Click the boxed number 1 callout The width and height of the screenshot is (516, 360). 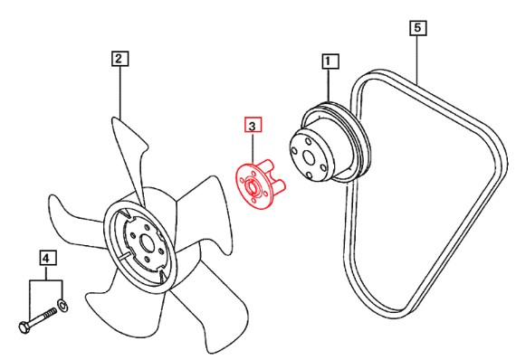tap(330, 62)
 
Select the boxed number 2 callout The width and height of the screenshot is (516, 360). tap(119, 59)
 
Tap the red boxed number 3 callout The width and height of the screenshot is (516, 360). tap(253, 125)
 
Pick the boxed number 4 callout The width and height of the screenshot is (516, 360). tap(48, 258)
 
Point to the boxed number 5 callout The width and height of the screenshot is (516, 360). tap(418, 28)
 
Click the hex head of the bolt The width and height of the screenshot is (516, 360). tap(24, 327)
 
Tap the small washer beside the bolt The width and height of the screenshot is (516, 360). tap(62, 306)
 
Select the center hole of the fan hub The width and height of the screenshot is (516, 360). tap(147, 244)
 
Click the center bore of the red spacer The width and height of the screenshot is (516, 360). tap(253, 186)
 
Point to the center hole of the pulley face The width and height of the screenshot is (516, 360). tap(309, 157)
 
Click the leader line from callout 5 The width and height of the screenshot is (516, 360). tap(418, 59)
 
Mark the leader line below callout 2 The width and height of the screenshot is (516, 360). tap(120, 92)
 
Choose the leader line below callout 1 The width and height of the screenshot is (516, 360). tap(330, 86)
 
